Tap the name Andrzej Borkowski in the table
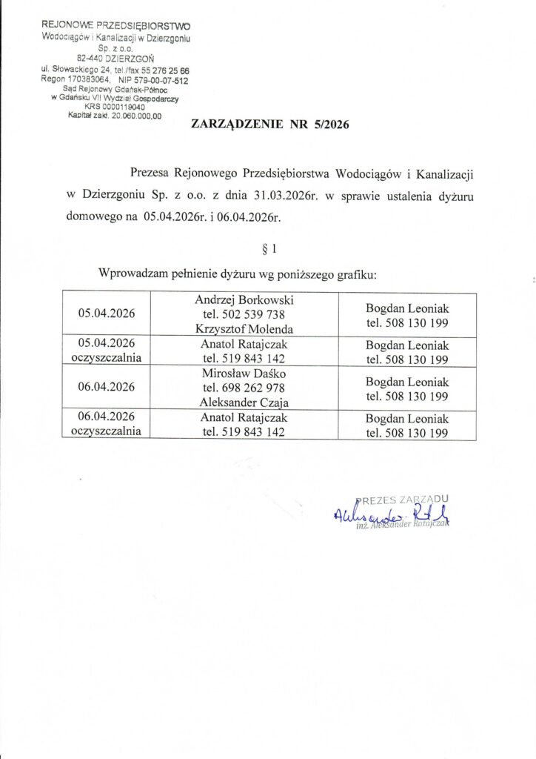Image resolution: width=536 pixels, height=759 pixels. (x=244, y=300)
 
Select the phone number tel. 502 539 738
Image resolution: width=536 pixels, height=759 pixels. (x=244, y=314)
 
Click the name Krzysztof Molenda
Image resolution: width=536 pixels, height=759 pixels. (x=244, y=328)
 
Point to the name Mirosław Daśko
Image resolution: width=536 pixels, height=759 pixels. (x=244, y=373)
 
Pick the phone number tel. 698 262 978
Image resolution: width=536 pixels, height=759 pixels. (x=244, y=387)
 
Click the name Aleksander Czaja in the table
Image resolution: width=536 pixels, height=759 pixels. (x=244, y=402)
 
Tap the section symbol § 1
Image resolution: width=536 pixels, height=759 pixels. (x=269, y=249)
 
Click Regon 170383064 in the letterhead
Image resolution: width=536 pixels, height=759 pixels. (x=76, y=80)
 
